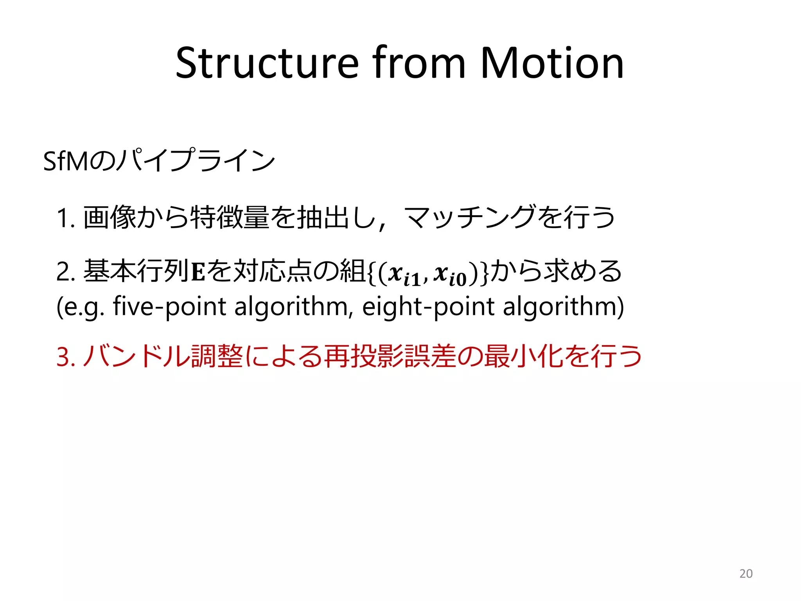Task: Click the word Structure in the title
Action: tap(267, 63)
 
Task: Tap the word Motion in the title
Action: tap(551, 63)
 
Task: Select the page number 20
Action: tap(746, 574)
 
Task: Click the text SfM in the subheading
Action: tap(66, 161)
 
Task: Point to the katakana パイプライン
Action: tap(196, 160)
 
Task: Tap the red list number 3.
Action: tap(65, 357)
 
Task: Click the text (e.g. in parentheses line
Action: tap(81, 307)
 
